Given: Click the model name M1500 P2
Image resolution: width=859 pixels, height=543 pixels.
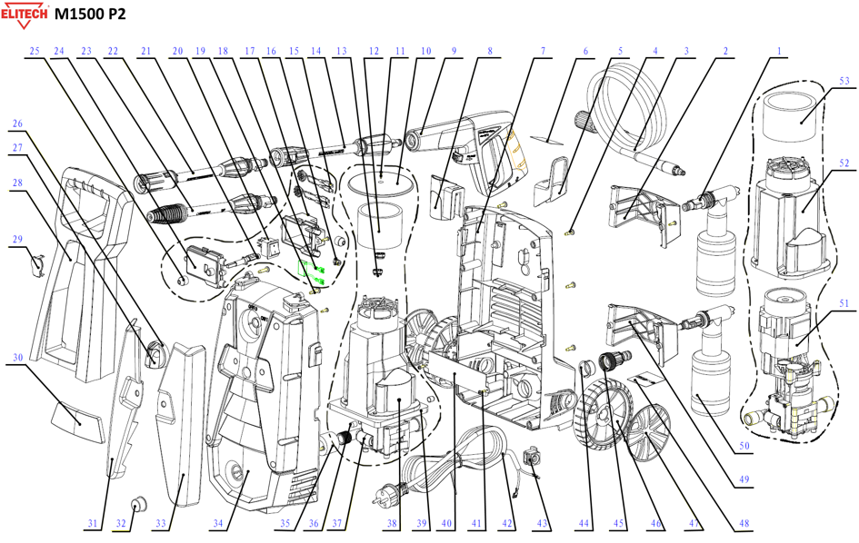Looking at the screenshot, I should pos(91,14).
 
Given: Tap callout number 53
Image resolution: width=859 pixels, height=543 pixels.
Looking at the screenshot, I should pos(844,81).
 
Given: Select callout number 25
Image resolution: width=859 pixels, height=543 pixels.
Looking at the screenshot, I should pos(35,51).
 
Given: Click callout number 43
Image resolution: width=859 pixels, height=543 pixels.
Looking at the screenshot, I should pos(544,524).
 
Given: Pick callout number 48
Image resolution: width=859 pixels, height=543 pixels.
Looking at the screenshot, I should pos(745,524).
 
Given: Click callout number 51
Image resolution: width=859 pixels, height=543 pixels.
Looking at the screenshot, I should pos(844,303).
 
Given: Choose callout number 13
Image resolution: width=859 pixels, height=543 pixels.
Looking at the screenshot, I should pos(341,51).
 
